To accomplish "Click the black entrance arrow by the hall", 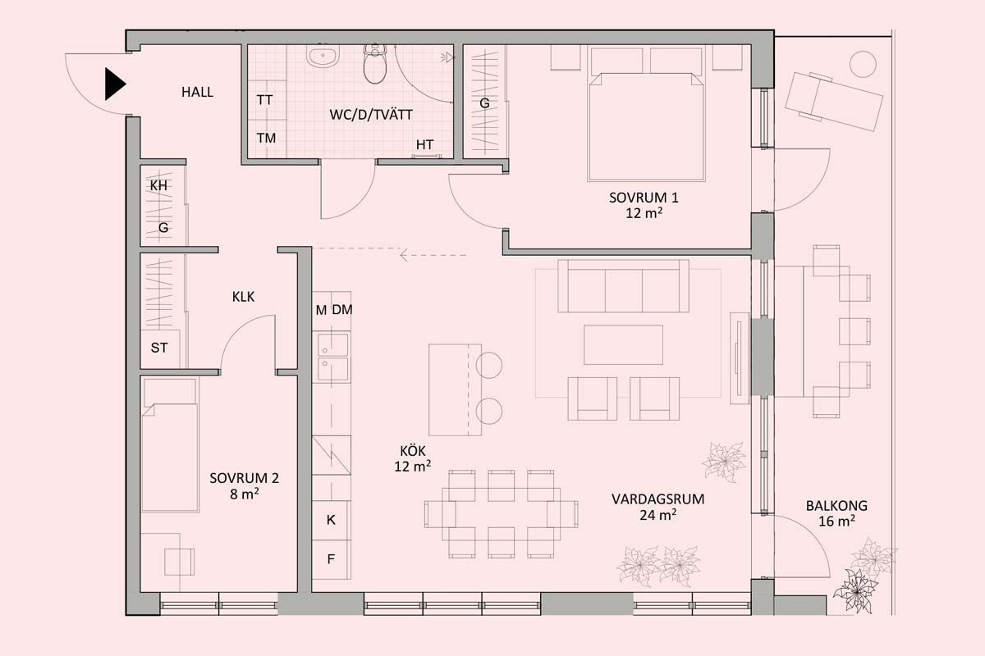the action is [x=115, y=84].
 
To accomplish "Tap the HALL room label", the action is [x=198, y=93].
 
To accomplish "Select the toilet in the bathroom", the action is [x=375, y=64].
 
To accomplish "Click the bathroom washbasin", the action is [x=323, y=57].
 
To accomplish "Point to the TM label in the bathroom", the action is [x=267, y=139].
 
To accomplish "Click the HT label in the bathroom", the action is [x=425, y=144].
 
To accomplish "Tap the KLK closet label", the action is [x=243, y=297].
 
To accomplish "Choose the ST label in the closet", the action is [x=159, y=348].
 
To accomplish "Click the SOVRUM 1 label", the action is [x=644, y=198].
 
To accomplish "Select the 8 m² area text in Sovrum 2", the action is [x=244, y=494].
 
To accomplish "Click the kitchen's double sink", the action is [x=333, y=358].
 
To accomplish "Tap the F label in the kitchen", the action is [x=331, y=559].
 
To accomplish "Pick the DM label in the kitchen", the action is [x=342, y=310].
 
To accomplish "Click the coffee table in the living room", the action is [x=623, y=345].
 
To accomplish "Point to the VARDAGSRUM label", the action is [x=657, y=499].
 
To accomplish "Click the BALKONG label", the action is [x=836, y=506].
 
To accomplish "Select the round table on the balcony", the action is [x=863, y=64].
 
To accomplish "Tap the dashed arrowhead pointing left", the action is [x=404, y=255].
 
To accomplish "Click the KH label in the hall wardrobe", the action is [x=158, y=186].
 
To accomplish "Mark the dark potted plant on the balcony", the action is [x=855, y=591].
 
